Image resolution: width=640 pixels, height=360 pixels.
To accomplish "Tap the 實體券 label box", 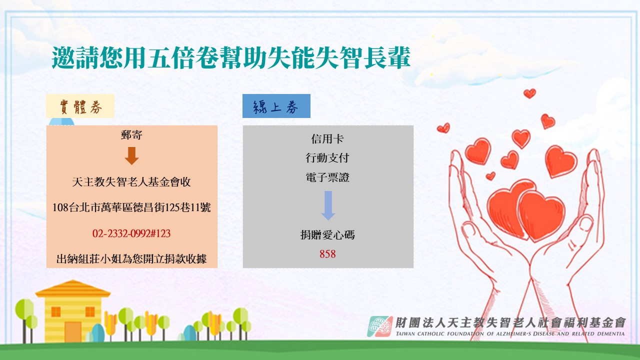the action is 80,106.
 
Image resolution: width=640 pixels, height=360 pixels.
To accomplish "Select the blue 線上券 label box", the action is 276,106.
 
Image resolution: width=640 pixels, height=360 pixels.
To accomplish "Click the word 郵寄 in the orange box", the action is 131,134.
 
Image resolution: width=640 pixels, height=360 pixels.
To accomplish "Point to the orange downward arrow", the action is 131,155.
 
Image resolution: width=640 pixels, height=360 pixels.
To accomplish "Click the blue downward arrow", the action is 328,205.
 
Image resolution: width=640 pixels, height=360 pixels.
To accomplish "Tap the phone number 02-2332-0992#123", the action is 131,233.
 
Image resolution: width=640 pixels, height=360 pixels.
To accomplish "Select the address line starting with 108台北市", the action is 131,207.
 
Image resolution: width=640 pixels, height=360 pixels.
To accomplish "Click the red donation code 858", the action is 327,254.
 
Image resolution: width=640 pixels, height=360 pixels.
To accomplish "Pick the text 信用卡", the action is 327,139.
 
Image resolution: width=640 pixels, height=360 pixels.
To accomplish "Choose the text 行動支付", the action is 327,157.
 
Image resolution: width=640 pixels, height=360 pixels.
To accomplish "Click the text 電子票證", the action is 327,177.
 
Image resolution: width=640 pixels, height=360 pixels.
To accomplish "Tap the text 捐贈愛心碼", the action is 327,235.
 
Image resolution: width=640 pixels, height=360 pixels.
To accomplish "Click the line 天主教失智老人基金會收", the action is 131,181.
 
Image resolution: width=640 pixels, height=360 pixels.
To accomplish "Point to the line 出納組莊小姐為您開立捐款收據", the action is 131,259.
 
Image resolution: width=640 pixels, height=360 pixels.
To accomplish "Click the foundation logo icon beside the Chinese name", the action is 379,326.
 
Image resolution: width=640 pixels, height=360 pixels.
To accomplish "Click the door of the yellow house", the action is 73,331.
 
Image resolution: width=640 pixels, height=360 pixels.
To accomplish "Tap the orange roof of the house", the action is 73,288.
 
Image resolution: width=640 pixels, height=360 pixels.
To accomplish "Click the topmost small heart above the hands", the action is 529,93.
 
